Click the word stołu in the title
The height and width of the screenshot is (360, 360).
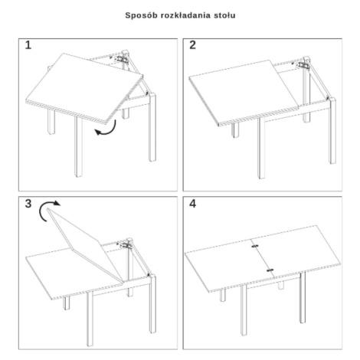[224, 15]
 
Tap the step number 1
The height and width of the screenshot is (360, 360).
[28, 45]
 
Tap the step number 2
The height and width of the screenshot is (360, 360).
[192, 45]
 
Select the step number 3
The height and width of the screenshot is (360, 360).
[28, 204]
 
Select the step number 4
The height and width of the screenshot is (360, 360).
[193, 204]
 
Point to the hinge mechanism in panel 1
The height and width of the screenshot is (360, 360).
[120, 58]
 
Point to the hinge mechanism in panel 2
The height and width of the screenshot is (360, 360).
[303, 65]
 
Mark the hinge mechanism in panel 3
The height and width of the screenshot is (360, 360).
[125, 244]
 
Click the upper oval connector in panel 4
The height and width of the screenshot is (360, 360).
[255, 246]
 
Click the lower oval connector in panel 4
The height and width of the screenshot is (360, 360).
[270, 270]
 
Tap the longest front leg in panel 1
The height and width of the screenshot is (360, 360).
[78, 147]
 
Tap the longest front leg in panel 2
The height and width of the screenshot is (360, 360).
[261, 148]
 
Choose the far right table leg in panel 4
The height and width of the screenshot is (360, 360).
[303, 297]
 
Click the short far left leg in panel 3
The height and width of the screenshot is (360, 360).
[67, 303]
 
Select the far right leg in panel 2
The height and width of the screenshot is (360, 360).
[332, 131]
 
